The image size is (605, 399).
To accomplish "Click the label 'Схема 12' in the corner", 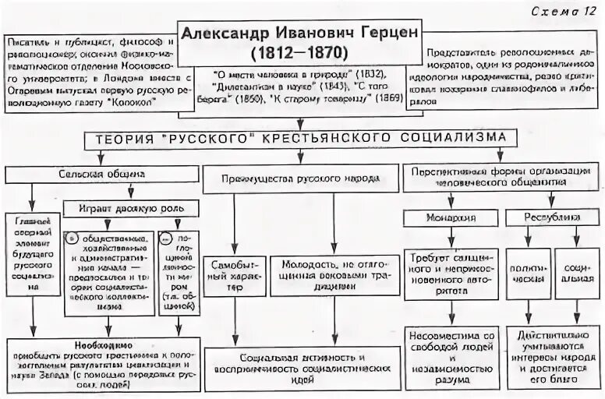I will (x=566, y=9).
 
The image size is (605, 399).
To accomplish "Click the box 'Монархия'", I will (x=451, y=217).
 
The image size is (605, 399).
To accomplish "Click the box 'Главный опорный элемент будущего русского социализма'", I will (x=32, y=265).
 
